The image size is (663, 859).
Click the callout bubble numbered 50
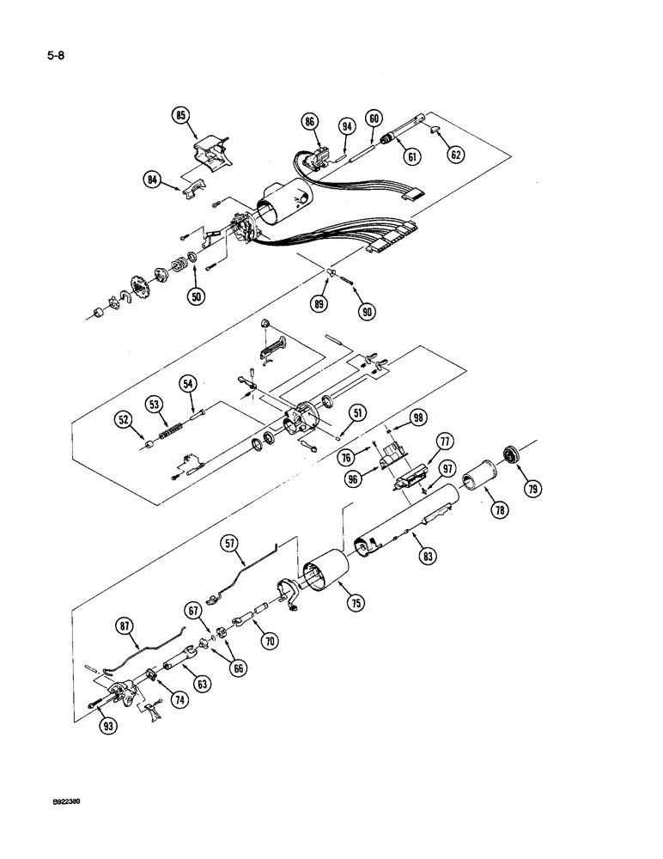click(197, 296)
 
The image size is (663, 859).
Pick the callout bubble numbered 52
click(125, 419)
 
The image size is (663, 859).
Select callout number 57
click(229, 543)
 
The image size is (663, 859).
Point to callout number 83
click(426, 556)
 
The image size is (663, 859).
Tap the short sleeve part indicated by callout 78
click(477, 475)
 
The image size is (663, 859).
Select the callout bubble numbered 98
click(418, 417)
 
